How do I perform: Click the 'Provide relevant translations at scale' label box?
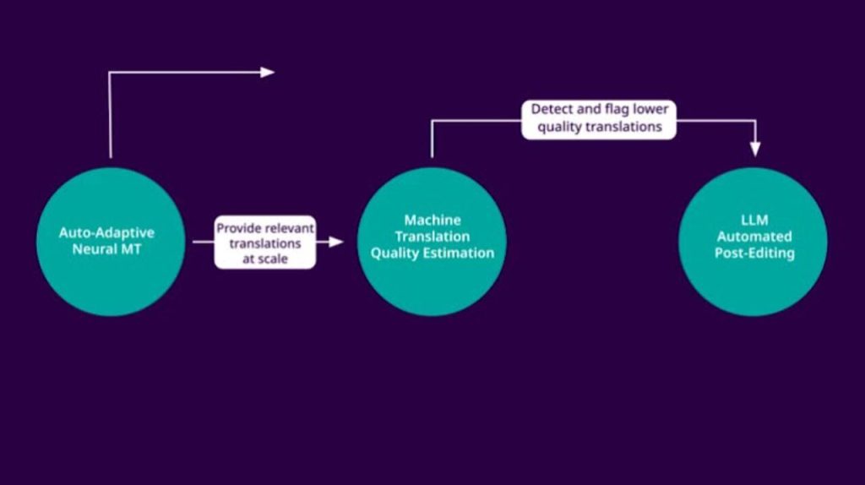(x=264, y=243)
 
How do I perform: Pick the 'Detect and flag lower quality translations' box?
(x=599, y=118)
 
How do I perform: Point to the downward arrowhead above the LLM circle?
(x=755, y=150)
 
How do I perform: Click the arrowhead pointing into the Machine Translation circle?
(x=336, y=242)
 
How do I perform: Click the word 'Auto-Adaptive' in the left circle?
(x=106, y=232)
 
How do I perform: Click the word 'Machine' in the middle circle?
(x=432, y=221)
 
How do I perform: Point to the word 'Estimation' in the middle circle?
(x=460, y=253)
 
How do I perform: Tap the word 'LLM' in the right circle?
(x=753, y=221)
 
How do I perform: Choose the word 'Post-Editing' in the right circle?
(x=753, y=253)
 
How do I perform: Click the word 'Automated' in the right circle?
(x=753, y=237)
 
